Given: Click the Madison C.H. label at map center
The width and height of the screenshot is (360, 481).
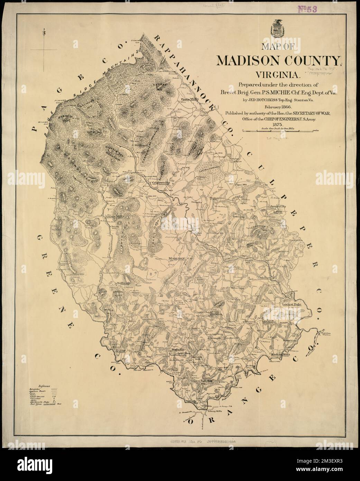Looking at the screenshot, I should (180, 258).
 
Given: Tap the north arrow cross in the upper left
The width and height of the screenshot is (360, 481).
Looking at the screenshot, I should (46, 50).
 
